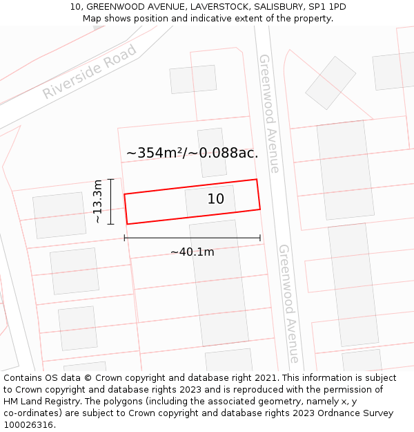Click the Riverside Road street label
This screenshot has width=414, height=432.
coord(90,72)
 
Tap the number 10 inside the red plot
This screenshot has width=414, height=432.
coord(216,199)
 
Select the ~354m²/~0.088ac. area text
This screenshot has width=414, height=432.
coord(192,153)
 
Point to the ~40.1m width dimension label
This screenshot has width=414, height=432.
coord(192,252)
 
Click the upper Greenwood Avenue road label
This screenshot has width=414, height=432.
coord(269,113)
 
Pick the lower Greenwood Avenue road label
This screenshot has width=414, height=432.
coord(289,303)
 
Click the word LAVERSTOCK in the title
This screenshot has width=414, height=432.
coord(219,7)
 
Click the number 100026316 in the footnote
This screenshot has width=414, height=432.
coord(30,425)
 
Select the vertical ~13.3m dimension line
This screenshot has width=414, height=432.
coord(110,201)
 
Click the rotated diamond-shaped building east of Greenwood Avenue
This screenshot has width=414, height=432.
coord(331,83)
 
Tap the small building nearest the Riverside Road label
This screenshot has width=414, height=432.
coord(193,79)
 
